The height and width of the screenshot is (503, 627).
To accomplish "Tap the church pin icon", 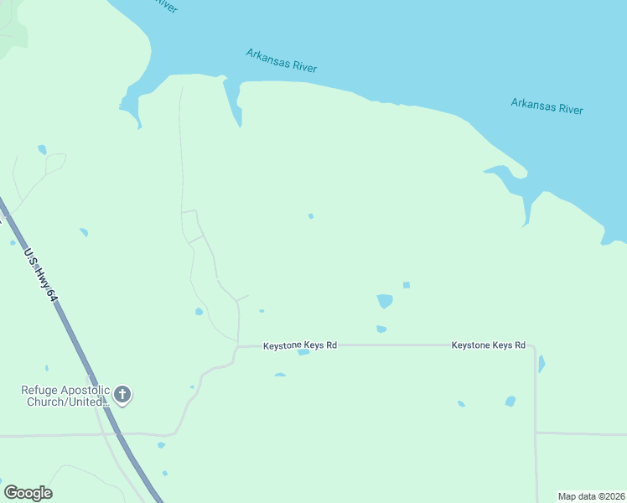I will point(122,395).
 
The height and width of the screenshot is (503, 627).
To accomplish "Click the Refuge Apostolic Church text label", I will point(65,396).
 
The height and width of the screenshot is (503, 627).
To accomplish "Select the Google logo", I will point(28,493).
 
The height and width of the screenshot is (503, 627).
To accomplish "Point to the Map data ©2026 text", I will point(592,496).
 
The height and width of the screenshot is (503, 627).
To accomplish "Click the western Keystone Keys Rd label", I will point(300,345).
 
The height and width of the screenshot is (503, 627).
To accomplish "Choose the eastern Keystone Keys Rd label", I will point(488,345).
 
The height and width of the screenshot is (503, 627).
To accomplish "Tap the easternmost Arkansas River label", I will point(547,106).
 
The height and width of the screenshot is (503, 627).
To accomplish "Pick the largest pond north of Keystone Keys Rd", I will point(385,300).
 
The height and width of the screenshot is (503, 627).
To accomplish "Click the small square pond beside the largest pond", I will point(407,285).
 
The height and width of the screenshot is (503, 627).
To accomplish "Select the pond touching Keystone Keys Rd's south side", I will point(303,352).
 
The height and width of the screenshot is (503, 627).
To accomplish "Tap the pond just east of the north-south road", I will point(541,364).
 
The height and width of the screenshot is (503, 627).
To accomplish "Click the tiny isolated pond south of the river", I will point(311,216).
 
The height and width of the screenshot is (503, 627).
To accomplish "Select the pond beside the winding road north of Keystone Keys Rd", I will point(199,312).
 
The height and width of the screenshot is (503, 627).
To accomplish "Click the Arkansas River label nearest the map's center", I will point(282,60).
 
